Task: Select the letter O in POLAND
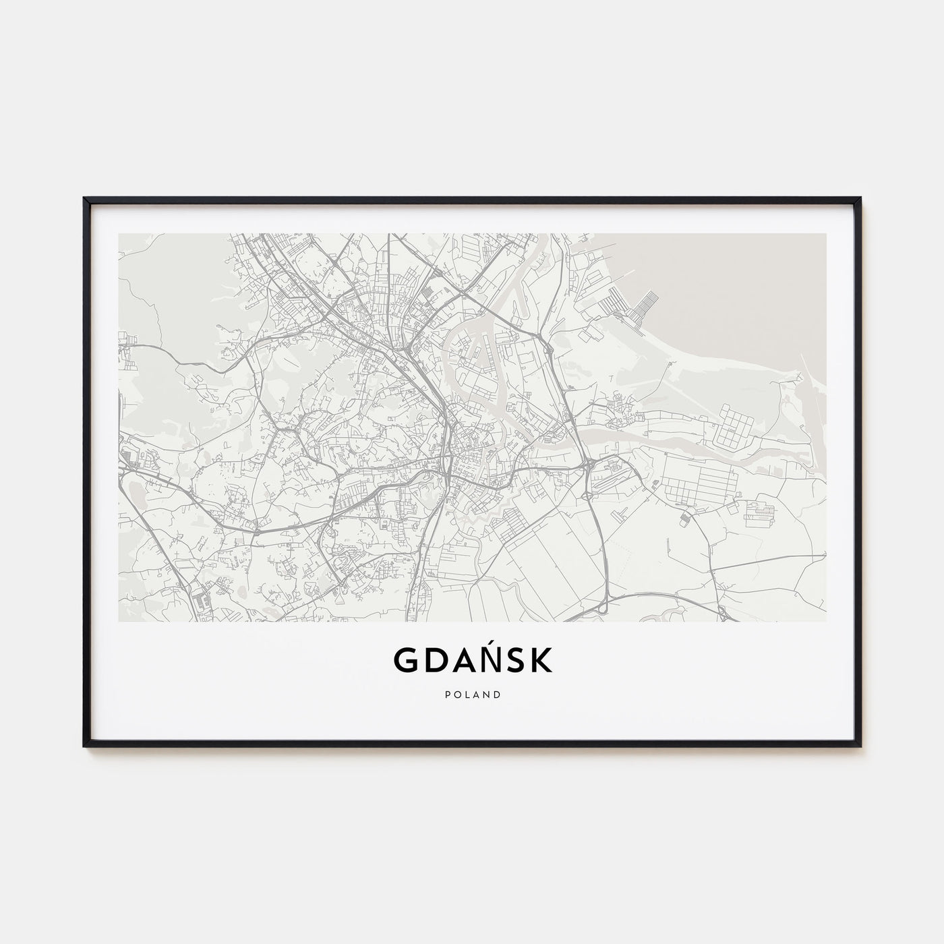456,695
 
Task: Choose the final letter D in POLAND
498,695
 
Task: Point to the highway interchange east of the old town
588,465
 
